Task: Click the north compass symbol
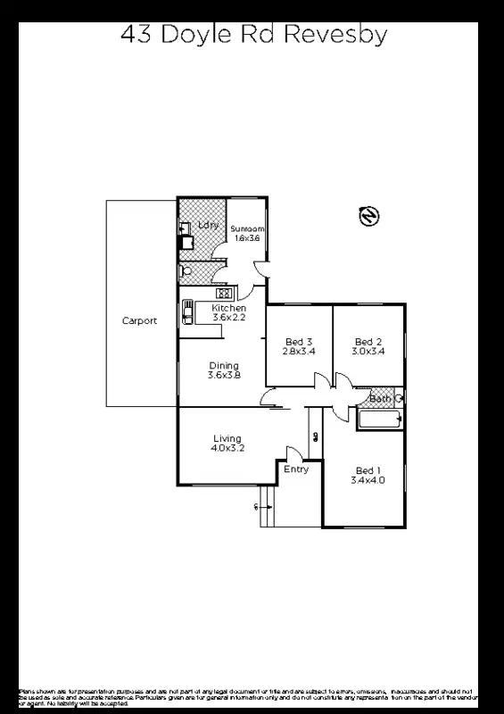click(x=368, y=216)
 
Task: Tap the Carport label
click(x=140, y=321)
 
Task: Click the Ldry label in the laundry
click(x=209, y=225)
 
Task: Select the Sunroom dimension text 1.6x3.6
click(x=248, y=238)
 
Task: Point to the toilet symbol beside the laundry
click(x=184, y=270)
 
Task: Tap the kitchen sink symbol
click(x=189, y=311)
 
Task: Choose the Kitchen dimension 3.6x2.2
click(x=228, y=318)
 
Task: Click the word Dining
click(x=224, y=365)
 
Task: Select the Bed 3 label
click(x=299, y=342)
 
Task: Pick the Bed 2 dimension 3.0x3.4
click(x=368, y=352)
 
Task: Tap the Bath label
click(x=380, y=398)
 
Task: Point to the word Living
click(x=227, y=438)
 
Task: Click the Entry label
click(x=296, y=469)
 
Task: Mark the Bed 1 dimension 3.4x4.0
click(x=368, y=480)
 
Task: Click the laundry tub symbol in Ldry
click(x=186, y=241)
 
